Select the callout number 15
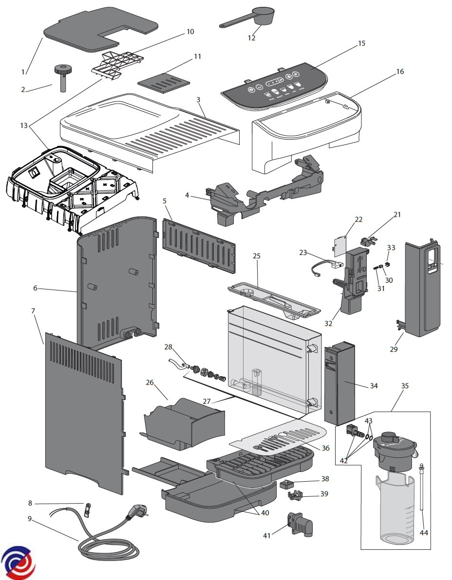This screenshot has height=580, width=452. coord(361,43)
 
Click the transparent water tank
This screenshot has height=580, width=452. coord(273,360)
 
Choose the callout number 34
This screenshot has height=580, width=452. coord(374,386)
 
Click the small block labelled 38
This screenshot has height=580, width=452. coord(285,484)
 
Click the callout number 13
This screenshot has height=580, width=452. coord(24,126)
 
